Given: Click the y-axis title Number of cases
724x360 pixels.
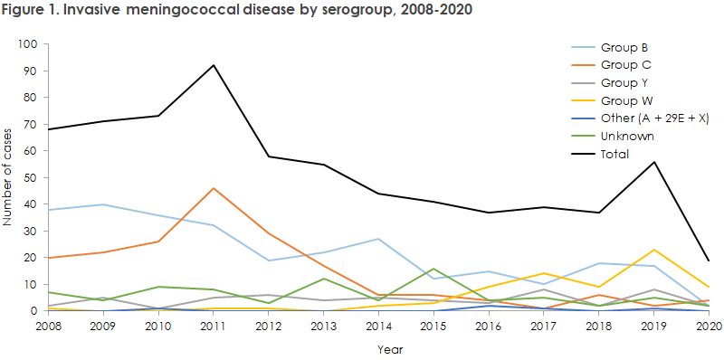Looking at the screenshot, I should (x=10, y=177).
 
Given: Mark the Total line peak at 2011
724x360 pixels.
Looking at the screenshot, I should (x=213, y=65).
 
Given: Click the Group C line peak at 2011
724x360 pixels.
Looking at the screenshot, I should (x=213, y=188).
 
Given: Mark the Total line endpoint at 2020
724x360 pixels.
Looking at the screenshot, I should (x=708, y=261).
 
